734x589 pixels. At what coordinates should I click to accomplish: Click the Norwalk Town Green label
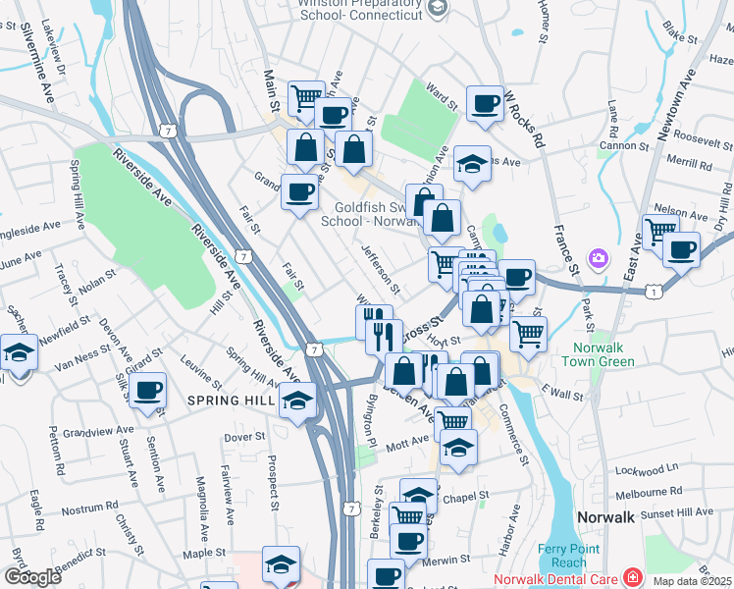tap(599, 354)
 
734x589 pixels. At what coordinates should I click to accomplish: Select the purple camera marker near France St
tap(598, 258)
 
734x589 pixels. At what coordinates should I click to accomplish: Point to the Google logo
tap(32, 577)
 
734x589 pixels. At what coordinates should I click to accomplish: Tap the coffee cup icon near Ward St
tap(484, 104)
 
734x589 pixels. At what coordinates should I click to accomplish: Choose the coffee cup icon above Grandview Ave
tap(148, 391)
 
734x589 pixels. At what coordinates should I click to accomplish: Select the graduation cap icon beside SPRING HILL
tap(297, 400)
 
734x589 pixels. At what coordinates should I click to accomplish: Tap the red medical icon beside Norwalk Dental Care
tap(633, 576)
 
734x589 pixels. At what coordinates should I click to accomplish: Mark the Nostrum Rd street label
tap(89, 509)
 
